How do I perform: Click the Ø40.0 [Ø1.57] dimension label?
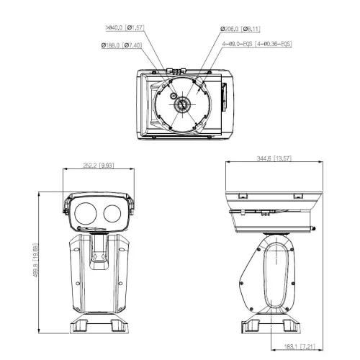pyautogui.click(x=126, y=29)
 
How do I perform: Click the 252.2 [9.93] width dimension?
pyautogui.click(x=96, y=164)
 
